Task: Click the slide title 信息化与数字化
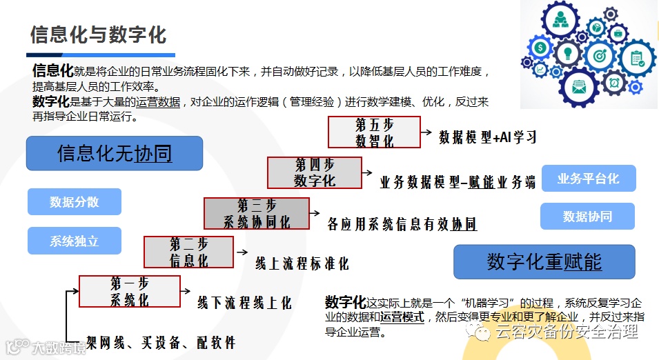pyautogui.click(x=98, y=35)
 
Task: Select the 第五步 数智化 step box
pyautogui.click(x=374, y=132)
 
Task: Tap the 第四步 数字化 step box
pyautogui.click(x=314, y=172)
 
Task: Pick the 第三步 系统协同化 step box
pyautogui.click(x=256, y=213)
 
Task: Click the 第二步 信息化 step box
pyautogui.click(x=188, y=252)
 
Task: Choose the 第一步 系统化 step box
pyautogui.click(x=129, y=291)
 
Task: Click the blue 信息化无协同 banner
pyautogui.click(x=115, y=153)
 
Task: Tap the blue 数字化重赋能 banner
pyautogui.click(x=544, y=262)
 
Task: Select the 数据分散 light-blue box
pyautogui.click(x=75, y=202)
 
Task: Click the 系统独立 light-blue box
pyautogui.click(x=75, y=241)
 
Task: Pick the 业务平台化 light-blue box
pyautogui.click(x=588, y=179)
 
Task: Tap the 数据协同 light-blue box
pyautogui.click(x=587, y=216)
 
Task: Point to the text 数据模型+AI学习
pyautogui.click(x=488, y=137)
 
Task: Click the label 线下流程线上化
pyautogui.click(x=244, y=303)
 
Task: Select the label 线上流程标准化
pyautogui.click(x=302, y=263)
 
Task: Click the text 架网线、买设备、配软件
pyautogui.click(x=160, y=342)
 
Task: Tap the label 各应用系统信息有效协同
pyautogui.click(x=402, y=224)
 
